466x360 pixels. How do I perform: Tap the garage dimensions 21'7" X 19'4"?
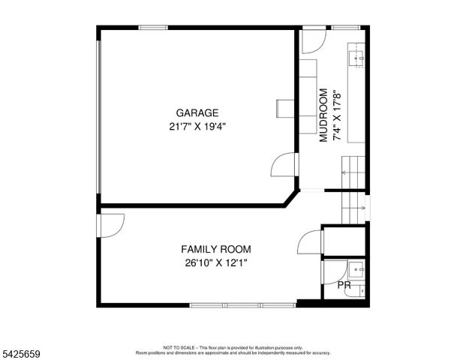tap(197, 127)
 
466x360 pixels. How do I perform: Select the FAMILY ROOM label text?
tap(215, 249)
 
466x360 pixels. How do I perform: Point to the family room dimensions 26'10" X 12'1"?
tap(215, 262)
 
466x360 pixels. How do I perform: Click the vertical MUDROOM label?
tap(324, 115)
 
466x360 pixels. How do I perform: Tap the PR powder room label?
tap(344, 286)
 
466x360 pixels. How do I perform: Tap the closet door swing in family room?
tap(310, 242)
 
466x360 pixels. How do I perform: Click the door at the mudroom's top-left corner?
tap(312, 40)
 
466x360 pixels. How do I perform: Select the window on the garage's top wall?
tap(153, 28)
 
